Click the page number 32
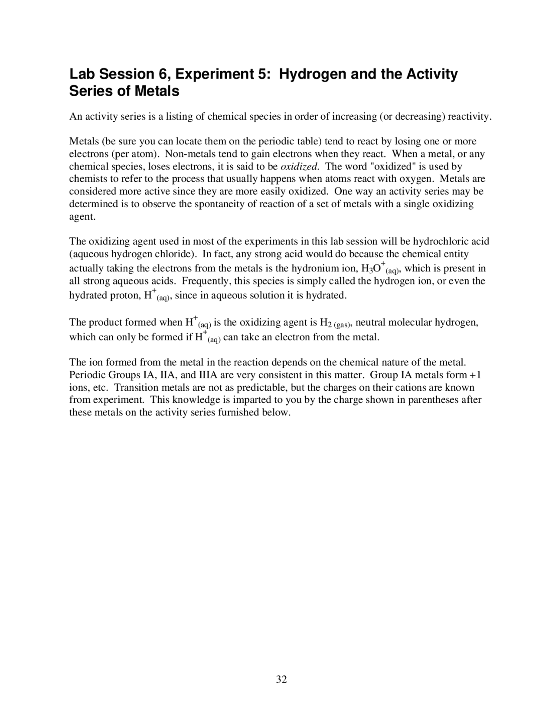(x=281, y=679)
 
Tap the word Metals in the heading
(x=157, y=91)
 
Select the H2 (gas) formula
(x=335, y=323)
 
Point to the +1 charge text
(x=475, y=375)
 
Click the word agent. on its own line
(x=82, y=217)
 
